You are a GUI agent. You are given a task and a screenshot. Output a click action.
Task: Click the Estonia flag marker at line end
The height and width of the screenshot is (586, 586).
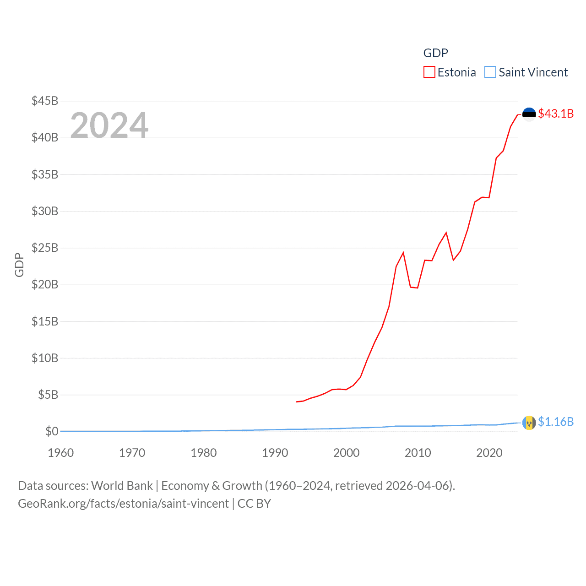[x=529, y=114]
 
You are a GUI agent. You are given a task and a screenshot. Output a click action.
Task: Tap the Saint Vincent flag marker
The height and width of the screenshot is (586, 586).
[x=529, y=423]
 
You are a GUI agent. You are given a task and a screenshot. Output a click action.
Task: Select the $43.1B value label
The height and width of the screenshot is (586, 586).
[x=556, y=114]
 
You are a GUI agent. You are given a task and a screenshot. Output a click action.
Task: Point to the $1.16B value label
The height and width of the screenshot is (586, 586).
[x=556, y=422]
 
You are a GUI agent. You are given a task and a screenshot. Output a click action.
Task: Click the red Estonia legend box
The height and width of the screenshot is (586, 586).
[x=429, y=72]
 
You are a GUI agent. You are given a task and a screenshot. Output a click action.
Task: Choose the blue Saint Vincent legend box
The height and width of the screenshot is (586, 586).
[x=490, y=72]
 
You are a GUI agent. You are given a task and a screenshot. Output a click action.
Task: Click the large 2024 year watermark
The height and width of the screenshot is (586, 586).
[x=109, y=125]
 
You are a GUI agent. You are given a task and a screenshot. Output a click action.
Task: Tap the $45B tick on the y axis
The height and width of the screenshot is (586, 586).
[x=45, y=101]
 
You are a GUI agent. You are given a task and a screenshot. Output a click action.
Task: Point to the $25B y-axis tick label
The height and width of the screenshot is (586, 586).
[x=45, y=248]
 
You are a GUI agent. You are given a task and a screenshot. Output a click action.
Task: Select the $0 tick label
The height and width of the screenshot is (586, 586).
[x=52, y=431]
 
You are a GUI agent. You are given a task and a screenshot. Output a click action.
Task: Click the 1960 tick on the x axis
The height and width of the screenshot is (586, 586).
[x=61, y=453]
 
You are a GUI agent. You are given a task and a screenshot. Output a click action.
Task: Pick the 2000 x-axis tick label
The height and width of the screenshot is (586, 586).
[x=347, y=453]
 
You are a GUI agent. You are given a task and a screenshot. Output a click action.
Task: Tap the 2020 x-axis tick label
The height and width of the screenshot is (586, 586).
[x=489, y=453]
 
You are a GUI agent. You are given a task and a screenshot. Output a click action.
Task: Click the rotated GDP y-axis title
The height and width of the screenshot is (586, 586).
[x=19, y=265]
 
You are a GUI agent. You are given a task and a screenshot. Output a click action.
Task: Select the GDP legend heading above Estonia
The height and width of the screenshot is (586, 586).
[x=435, y=53]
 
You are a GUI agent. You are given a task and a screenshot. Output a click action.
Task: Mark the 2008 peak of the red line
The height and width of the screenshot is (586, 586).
[x=403, y=253]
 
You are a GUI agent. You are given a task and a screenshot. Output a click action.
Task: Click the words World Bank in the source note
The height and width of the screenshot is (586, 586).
[x=122, y=485]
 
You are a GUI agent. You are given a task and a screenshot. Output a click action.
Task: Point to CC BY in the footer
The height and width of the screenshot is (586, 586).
[x=254, y=504]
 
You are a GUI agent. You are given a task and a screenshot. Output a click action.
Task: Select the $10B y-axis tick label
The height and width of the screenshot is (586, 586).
[x=45, y=358]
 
